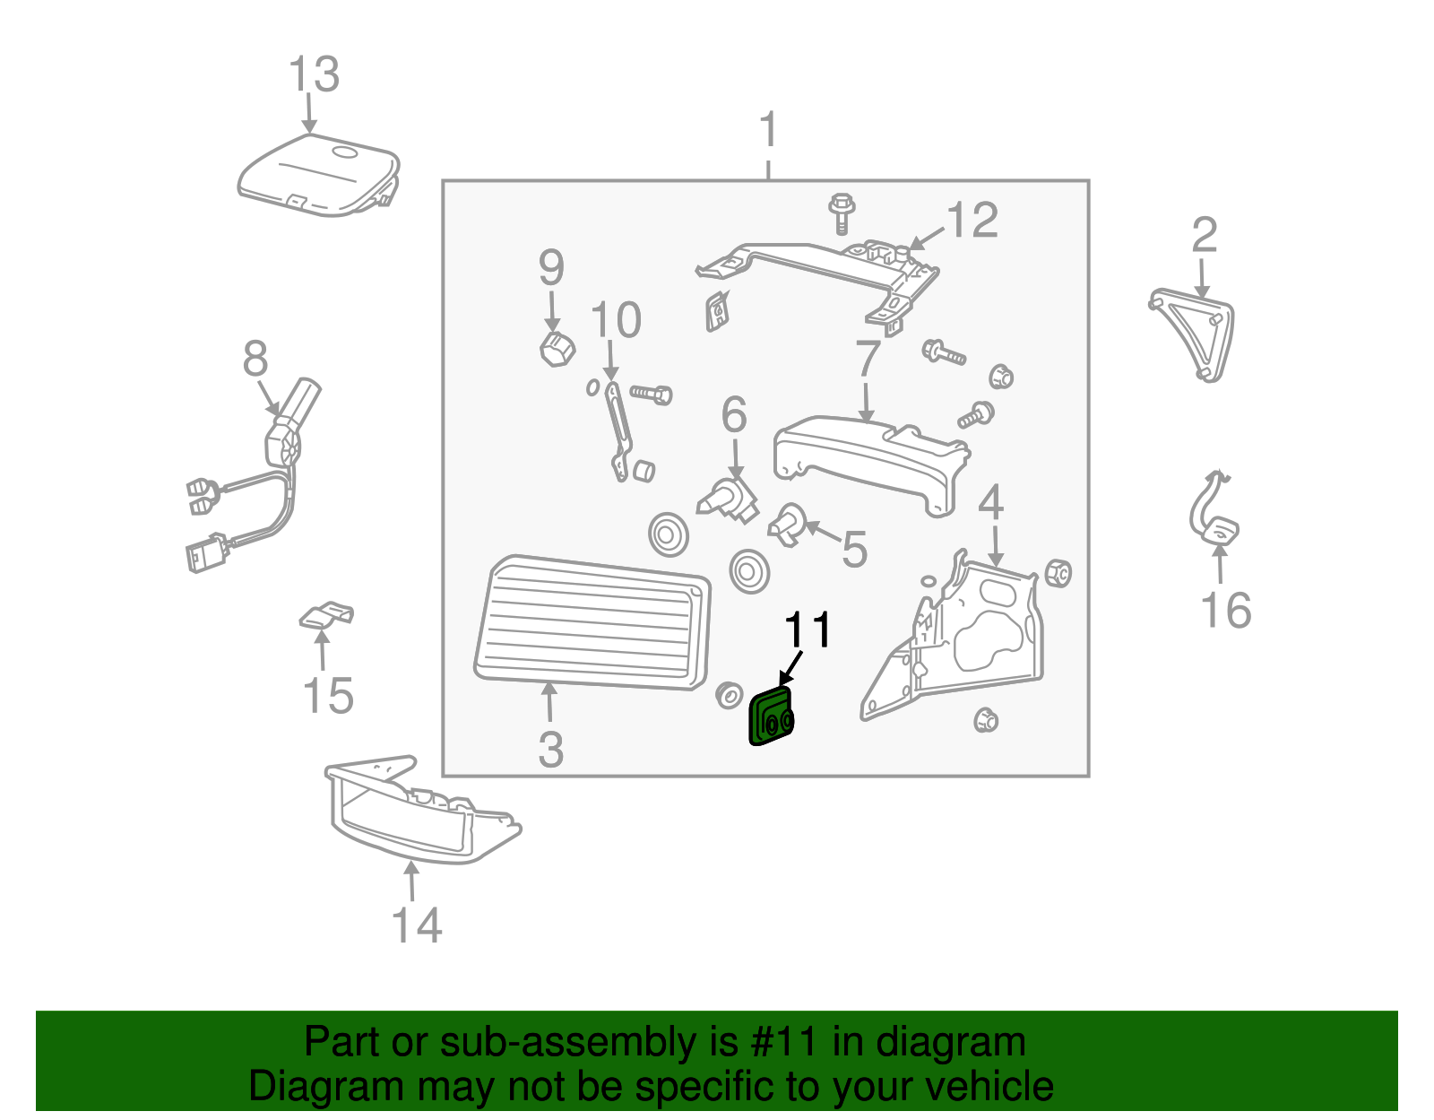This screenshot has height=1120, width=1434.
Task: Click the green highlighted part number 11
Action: pos(771,718)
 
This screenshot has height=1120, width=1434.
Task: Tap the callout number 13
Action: pos(315,75)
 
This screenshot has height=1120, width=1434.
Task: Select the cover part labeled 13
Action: pos(318,176)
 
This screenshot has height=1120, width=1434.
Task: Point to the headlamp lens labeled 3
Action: pos(592,623)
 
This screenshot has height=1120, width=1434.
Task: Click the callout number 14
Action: pos(417,925)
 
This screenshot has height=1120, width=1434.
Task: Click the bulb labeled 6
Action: pos(728,500)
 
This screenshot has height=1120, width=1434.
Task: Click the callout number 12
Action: pos(972,221)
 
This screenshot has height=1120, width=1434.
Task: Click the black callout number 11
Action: pos(808,631)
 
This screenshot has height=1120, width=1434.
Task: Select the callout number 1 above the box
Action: pos(768,132)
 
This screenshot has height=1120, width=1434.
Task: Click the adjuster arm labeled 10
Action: pos(618,430)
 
